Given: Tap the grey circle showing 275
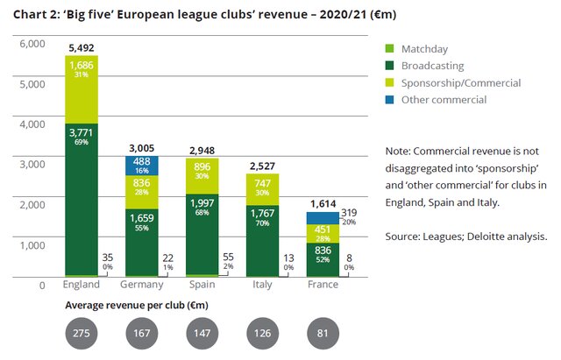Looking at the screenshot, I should point(81,335).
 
